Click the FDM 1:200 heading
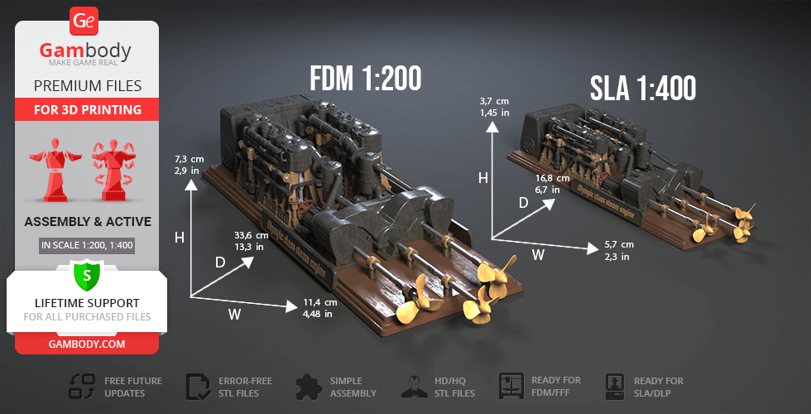click(365, 78)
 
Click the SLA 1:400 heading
click(642, 88)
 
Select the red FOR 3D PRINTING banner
click(87, 109)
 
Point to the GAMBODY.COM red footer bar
click(87, 343)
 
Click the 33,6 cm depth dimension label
click(249, 240)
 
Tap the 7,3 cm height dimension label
click(190, 163)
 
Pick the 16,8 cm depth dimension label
click(553, 184)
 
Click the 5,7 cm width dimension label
click(620, 250)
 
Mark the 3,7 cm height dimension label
click(494, 106)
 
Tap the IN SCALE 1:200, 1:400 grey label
click(87, 245)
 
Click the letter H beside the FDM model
click(179, 238)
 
